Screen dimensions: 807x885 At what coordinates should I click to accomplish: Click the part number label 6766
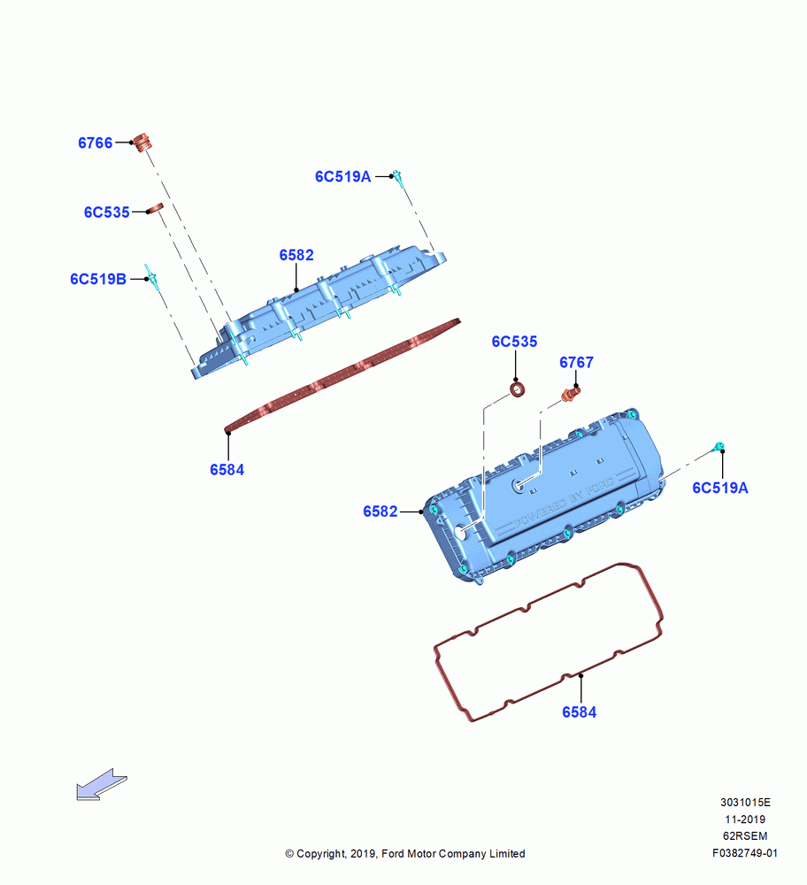(96, 142)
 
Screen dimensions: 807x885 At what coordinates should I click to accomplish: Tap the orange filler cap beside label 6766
(142, 142)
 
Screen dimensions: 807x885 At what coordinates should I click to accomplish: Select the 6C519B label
(98, 279)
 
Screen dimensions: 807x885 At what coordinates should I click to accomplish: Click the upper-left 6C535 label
(107, 212)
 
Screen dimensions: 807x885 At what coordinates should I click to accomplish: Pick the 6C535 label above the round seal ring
(514, 342)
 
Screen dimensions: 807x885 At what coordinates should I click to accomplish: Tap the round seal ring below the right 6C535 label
(517, 389)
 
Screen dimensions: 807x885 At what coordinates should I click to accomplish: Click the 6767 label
(576, 362)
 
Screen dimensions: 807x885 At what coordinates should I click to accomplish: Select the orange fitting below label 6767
(570, 394)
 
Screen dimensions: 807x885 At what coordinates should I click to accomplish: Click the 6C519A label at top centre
(343, 177)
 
